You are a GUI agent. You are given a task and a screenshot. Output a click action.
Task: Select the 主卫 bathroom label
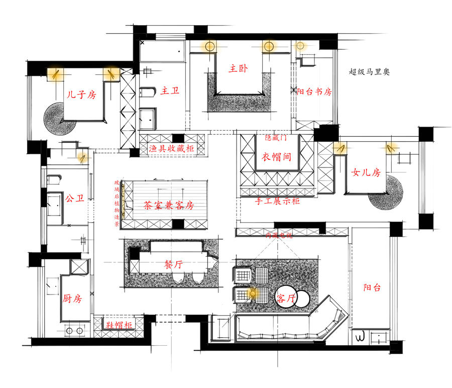[x=170, y=91]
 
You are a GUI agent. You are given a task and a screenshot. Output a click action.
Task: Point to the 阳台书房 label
[x=314, y=91]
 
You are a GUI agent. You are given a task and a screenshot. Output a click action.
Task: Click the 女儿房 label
[x=366, y=172]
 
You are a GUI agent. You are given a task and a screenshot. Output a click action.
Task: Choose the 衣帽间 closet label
[x=277, y=156]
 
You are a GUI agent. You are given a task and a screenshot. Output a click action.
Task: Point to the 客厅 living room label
[x=285, y=299]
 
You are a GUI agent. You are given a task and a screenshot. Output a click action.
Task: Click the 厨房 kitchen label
[x=72, y=298]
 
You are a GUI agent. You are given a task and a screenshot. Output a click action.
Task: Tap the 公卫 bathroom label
[x=73, y=198]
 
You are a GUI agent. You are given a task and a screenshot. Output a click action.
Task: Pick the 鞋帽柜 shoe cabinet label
[x=120, y=325]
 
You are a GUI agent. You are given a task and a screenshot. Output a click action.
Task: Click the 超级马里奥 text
[x=369, y=72]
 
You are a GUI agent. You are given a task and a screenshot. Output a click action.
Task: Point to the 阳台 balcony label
[x=372, y=287]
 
